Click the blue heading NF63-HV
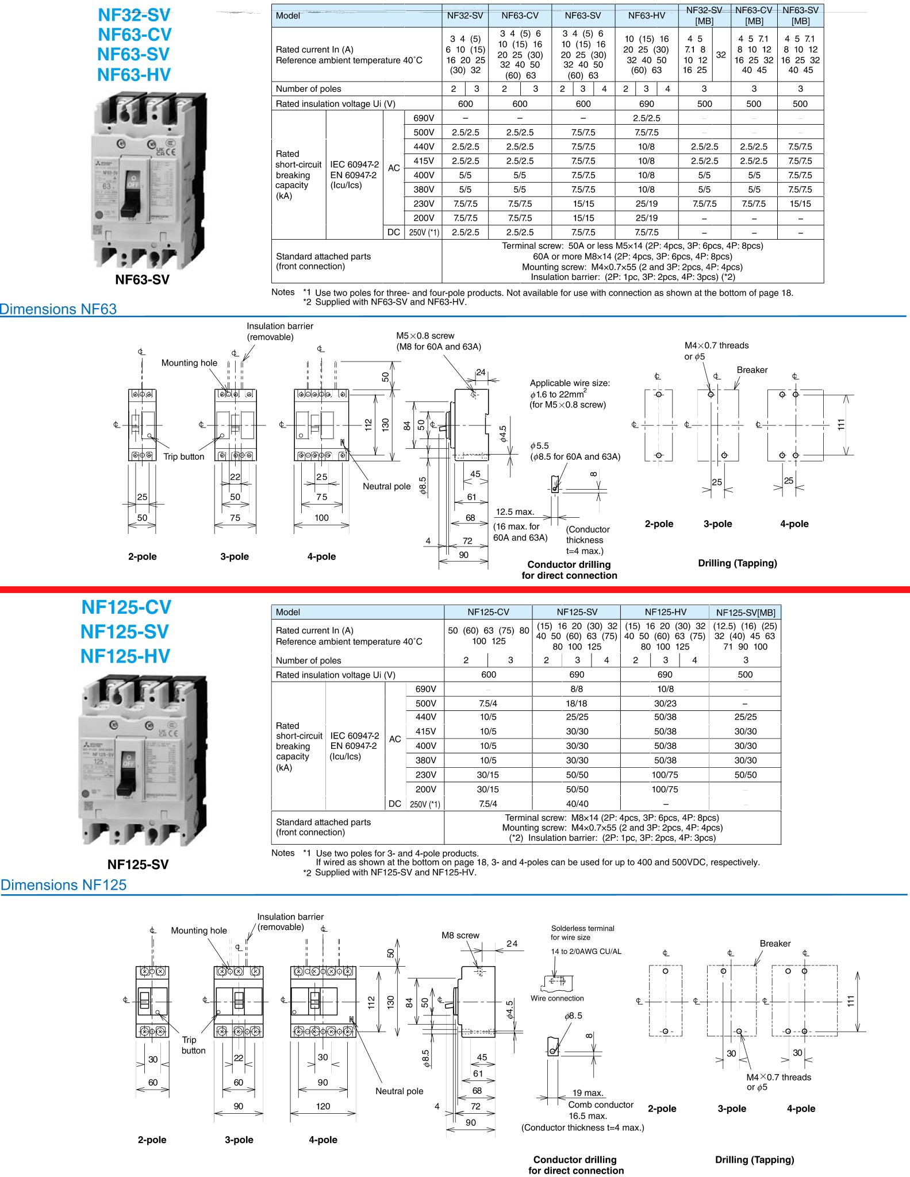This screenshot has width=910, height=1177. pos(134,75)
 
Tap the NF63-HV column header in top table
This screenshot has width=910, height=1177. pos(646,16)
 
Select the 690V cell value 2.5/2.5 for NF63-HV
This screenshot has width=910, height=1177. pos(646,118)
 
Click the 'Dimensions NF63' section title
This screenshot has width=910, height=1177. pos(59,309)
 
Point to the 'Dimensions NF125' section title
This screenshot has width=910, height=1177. pos(63,884)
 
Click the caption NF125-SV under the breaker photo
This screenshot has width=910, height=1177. pos(138,864)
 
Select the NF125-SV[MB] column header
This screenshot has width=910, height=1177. pos(745,613)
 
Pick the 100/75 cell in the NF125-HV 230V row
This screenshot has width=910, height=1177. pos(665,775)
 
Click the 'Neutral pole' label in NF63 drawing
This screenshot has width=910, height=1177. pos(386,486)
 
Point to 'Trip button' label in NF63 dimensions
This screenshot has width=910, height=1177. pos(183,456)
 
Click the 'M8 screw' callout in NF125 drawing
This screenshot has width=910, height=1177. pos(460,935)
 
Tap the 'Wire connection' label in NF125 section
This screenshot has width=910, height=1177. pos(557,998)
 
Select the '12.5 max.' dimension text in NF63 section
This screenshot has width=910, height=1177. pos(515,511)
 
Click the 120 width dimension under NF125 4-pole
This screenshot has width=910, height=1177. pos(323,1106)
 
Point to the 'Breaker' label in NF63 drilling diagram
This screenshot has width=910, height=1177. pos(752,370)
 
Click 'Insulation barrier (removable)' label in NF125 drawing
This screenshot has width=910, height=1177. pos(290,921)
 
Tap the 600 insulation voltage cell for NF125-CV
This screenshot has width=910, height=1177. pos(488,674)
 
